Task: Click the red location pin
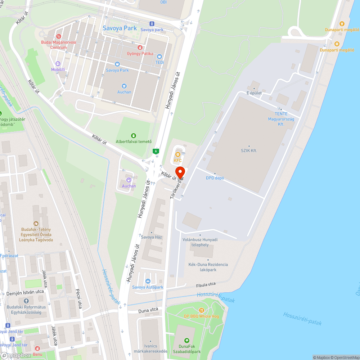(x=180, y=172)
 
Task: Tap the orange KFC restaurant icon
(x=177, y=154)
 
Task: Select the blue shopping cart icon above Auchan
(x=124, y=86)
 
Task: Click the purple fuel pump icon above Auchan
(x=129, y=180)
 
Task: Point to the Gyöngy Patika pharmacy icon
(x=140, y=47)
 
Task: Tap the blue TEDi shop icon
(x=159, y=57)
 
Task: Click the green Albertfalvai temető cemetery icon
(x=134, y=135)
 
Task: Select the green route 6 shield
(x=156, y=151)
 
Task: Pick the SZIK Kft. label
(x=249, y=151)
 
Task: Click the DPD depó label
(x=215, y=178)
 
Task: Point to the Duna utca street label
(x=148, y=310)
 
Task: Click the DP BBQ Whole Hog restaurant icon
(x=202, y=310)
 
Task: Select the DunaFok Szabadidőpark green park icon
(x=186, y=340)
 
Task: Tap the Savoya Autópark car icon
(x=148, y=281)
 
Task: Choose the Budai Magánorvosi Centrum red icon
(x=59, y=36)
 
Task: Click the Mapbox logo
(x=16, y=355)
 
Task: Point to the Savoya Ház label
(x=152, y=237)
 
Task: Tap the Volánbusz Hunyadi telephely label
(x=199, y=242)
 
